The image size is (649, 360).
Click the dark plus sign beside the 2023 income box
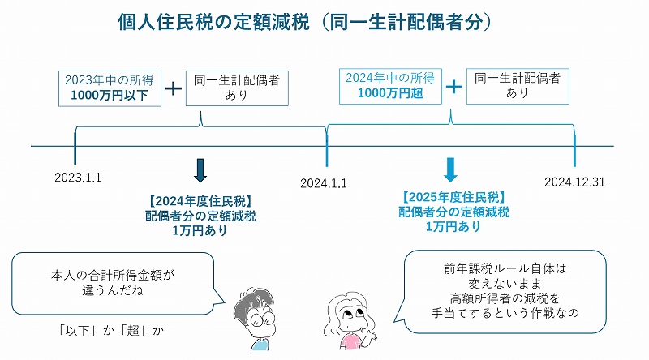coord(173,88)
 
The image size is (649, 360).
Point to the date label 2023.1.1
coord(78,178)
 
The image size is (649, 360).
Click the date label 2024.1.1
coord(323,182)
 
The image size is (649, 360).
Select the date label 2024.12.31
coord(574,181)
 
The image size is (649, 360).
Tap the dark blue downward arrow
coord(200,170)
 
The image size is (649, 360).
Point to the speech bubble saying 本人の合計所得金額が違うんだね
coord(114,282)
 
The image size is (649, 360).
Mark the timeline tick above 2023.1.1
coord(75,147)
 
